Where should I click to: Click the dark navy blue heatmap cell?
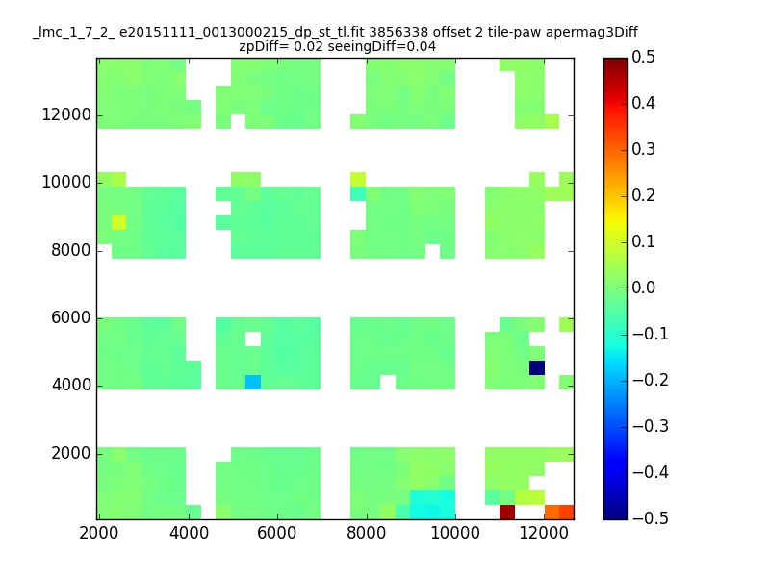pyautogui.click(x=537, y=368)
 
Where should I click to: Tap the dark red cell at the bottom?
pyautogui.click(x=507, y=513)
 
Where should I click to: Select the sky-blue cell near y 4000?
pyautogui.click(x=253, y=382)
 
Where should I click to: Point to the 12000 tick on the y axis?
pyautogui.click(x=66, y=115)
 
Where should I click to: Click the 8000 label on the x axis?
pyautogui.click(x=366, y=533)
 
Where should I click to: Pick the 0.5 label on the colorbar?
pyautogui.click(x=643, y=57)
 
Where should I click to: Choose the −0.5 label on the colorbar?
pyautogui.click(x=651, y=518)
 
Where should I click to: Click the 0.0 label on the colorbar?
pyautogui.click(x=643, y=288)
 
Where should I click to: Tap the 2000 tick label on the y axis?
pyautogui.click(x=71, y=453)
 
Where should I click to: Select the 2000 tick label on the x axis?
pyautogui.click(x=99, y=533)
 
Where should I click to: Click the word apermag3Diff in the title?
pyautogui.click(x=591, y=33)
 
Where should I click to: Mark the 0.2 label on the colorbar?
pyautogui.click(x=643, y=195)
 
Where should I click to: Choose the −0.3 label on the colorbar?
pyautogui.click(x=651, y=426)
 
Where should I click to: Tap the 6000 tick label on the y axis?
pyautogui.click(x=71, y=318)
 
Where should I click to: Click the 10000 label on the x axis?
pyautogui.click(x=455, y=533)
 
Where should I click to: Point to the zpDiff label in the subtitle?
pyautogui.click(x=261, y=47)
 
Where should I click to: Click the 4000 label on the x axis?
pyautogui.click(x=189, y=533)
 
